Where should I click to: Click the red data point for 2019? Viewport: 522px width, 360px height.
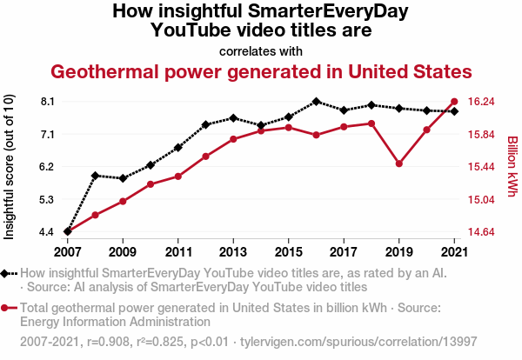[x=399, y=163]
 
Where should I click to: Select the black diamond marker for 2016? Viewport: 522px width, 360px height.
[x=316, y=102]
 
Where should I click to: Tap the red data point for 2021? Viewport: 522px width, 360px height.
[x=454, y=102]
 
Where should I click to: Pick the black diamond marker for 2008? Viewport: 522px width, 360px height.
[x=95, y=176]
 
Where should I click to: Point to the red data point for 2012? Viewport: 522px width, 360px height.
[x=205, y=157]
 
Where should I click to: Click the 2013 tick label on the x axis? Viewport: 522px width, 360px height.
[x=233, y=252]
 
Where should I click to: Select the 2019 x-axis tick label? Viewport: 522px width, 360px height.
[x=399, y=252]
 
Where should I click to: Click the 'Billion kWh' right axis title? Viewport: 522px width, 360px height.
[x=512, y=166]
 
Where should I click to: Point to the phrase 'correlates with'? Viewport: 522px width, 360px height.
[x=261, y=50]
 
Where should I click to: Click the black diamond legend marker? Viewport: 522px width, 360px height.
[x=8, y=273]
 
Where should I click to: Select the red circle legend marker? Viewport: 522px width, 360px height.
[x=8, y=308]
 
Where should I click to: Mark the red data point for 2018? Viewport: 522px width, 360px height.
[x=371, y=123]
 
